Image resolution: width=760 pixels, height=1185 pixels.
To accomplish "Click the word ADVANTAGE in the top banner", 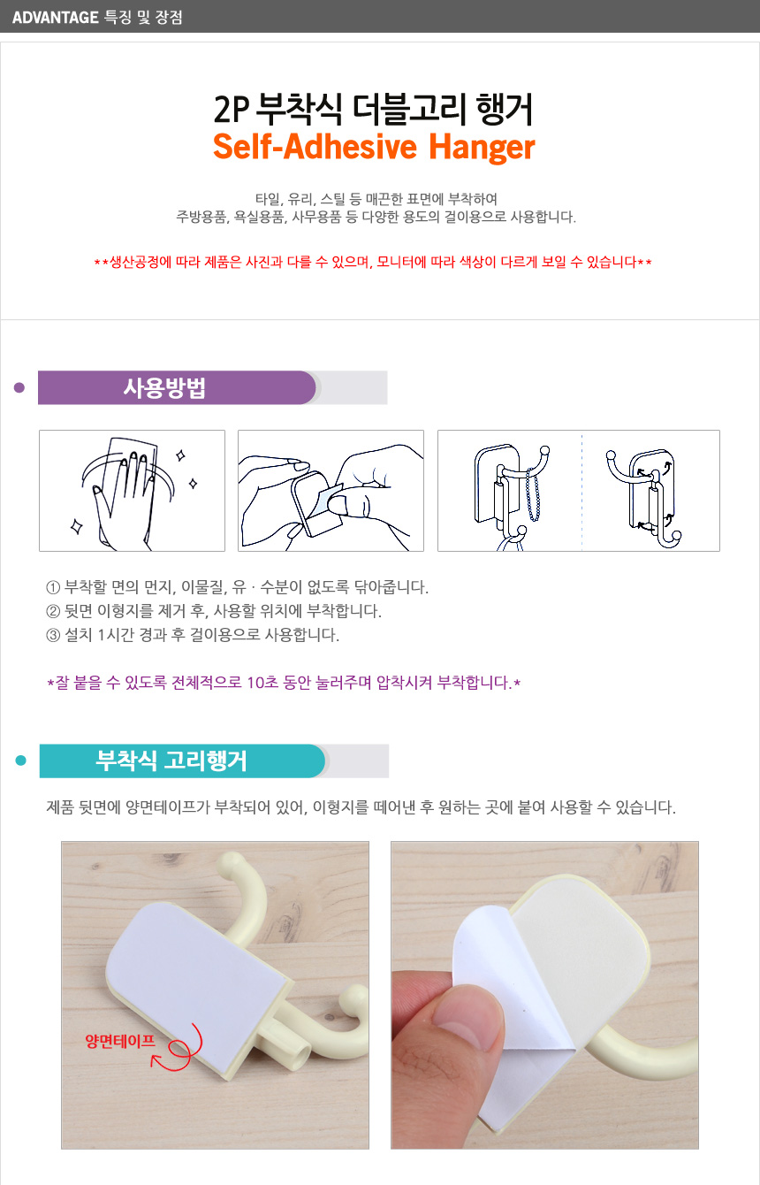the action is pyautogui.click(x=55, y=18).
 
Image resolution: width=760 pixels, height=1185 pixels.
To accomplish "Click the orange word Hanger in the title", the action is pyautogui.click(x=482, y=147).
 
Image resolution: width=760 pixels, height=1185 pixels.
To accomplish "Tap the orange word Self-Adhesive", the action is pyautogui.click(x=315, y=146).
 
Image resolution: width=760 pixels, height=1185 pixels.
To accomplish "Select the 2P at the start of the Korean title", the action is pyautogui.click(x=232, y=109).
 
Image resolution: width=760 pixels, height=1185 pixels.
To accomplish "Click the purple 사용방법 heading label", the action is pyautogui.click(x=164, y=387).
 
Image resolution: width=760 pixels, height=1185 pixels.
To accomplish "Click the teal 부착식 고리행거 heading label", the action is pyautogui.click(x=171, y=761).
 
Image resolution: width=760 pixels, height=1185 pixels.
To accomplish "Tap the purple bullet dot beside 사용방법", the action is pyautogui.click(x=19, y=387).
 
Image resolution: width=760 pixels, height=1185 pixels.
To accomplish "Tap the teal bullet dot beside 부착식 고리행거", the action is pyautogui.click(x=21, y=761).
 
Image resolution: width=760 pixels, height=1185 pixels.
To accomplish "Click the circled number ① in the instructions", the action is pyautogui.click(x=53, y=587).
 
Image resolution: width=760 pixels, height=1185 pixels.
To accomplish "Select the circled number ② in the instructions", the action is pyautogui.click(x=53, y=612).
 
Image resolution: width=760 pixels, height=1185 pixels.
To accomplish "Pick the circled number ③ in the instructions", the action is pyautogui.click(x=53, y=635).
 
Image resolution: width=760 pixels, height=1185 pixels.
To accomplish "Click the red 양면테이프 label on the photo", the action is pyautogui.click(x=120, y=1041).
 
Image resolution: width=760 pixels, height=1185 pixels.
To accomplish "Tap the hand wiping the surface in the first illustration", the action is pyautogui.click(x=125, y=497).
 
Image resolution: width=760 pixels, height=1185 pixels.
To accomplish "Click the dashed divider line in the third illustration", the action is pyautogui.click(x=581, y=492).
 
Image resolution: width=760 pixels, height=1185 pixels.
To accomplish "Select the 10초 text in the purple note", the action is pyautogui.click(x=262, y=683).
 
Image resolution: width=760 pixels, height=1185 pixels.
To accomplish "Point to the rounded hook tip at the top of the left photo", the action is pyautogui.click(x=239, y=861).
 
